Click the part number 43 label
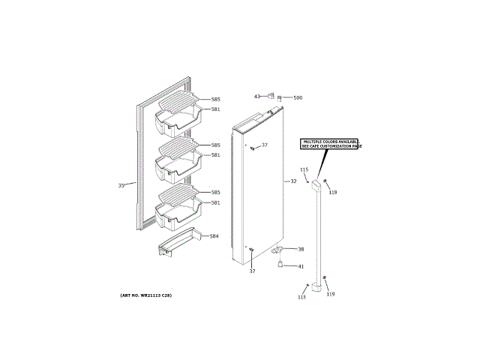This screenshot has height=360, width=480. coord(256,97)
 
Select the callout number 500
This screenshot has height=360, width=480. coord(298,98)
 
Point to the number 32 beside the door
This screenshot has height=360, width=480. coord(294,181)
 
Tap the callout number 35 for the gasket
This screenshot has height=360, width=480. coord(121,185)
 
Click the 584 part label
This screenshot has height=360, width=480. coord(214,236)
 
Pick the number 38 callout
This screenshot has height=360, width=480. coord(301,249)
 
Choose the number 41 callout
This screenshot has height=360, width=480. coord(301,266)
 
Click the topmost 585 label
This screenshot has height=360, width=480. coord(215,100)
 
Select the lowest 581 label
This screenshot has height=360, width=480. coord(215,202)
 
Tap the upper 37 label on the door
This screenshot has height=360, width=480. coord(264,145)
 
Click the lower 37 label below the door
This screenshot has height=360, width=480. coord(253,271)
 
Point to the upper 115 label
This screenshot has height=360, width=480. coord(304,170)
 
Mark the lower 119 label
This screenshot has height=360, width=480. coord(330,293)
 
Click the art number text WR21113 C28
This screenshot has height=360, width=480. coord(145,295)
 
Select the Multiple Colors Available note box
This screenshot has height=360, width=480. coord(330,144)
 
